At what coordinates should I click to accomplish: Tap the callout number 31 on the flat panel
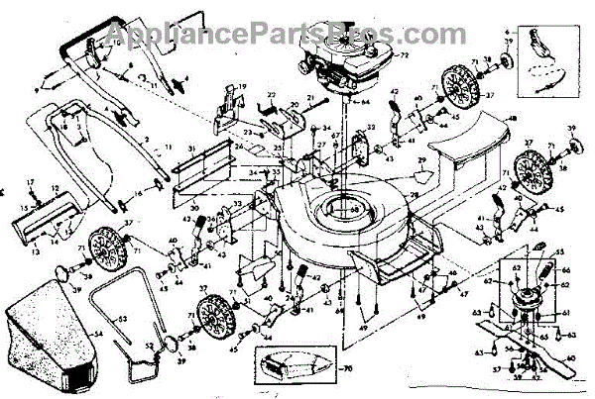(x=192, y=148)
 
